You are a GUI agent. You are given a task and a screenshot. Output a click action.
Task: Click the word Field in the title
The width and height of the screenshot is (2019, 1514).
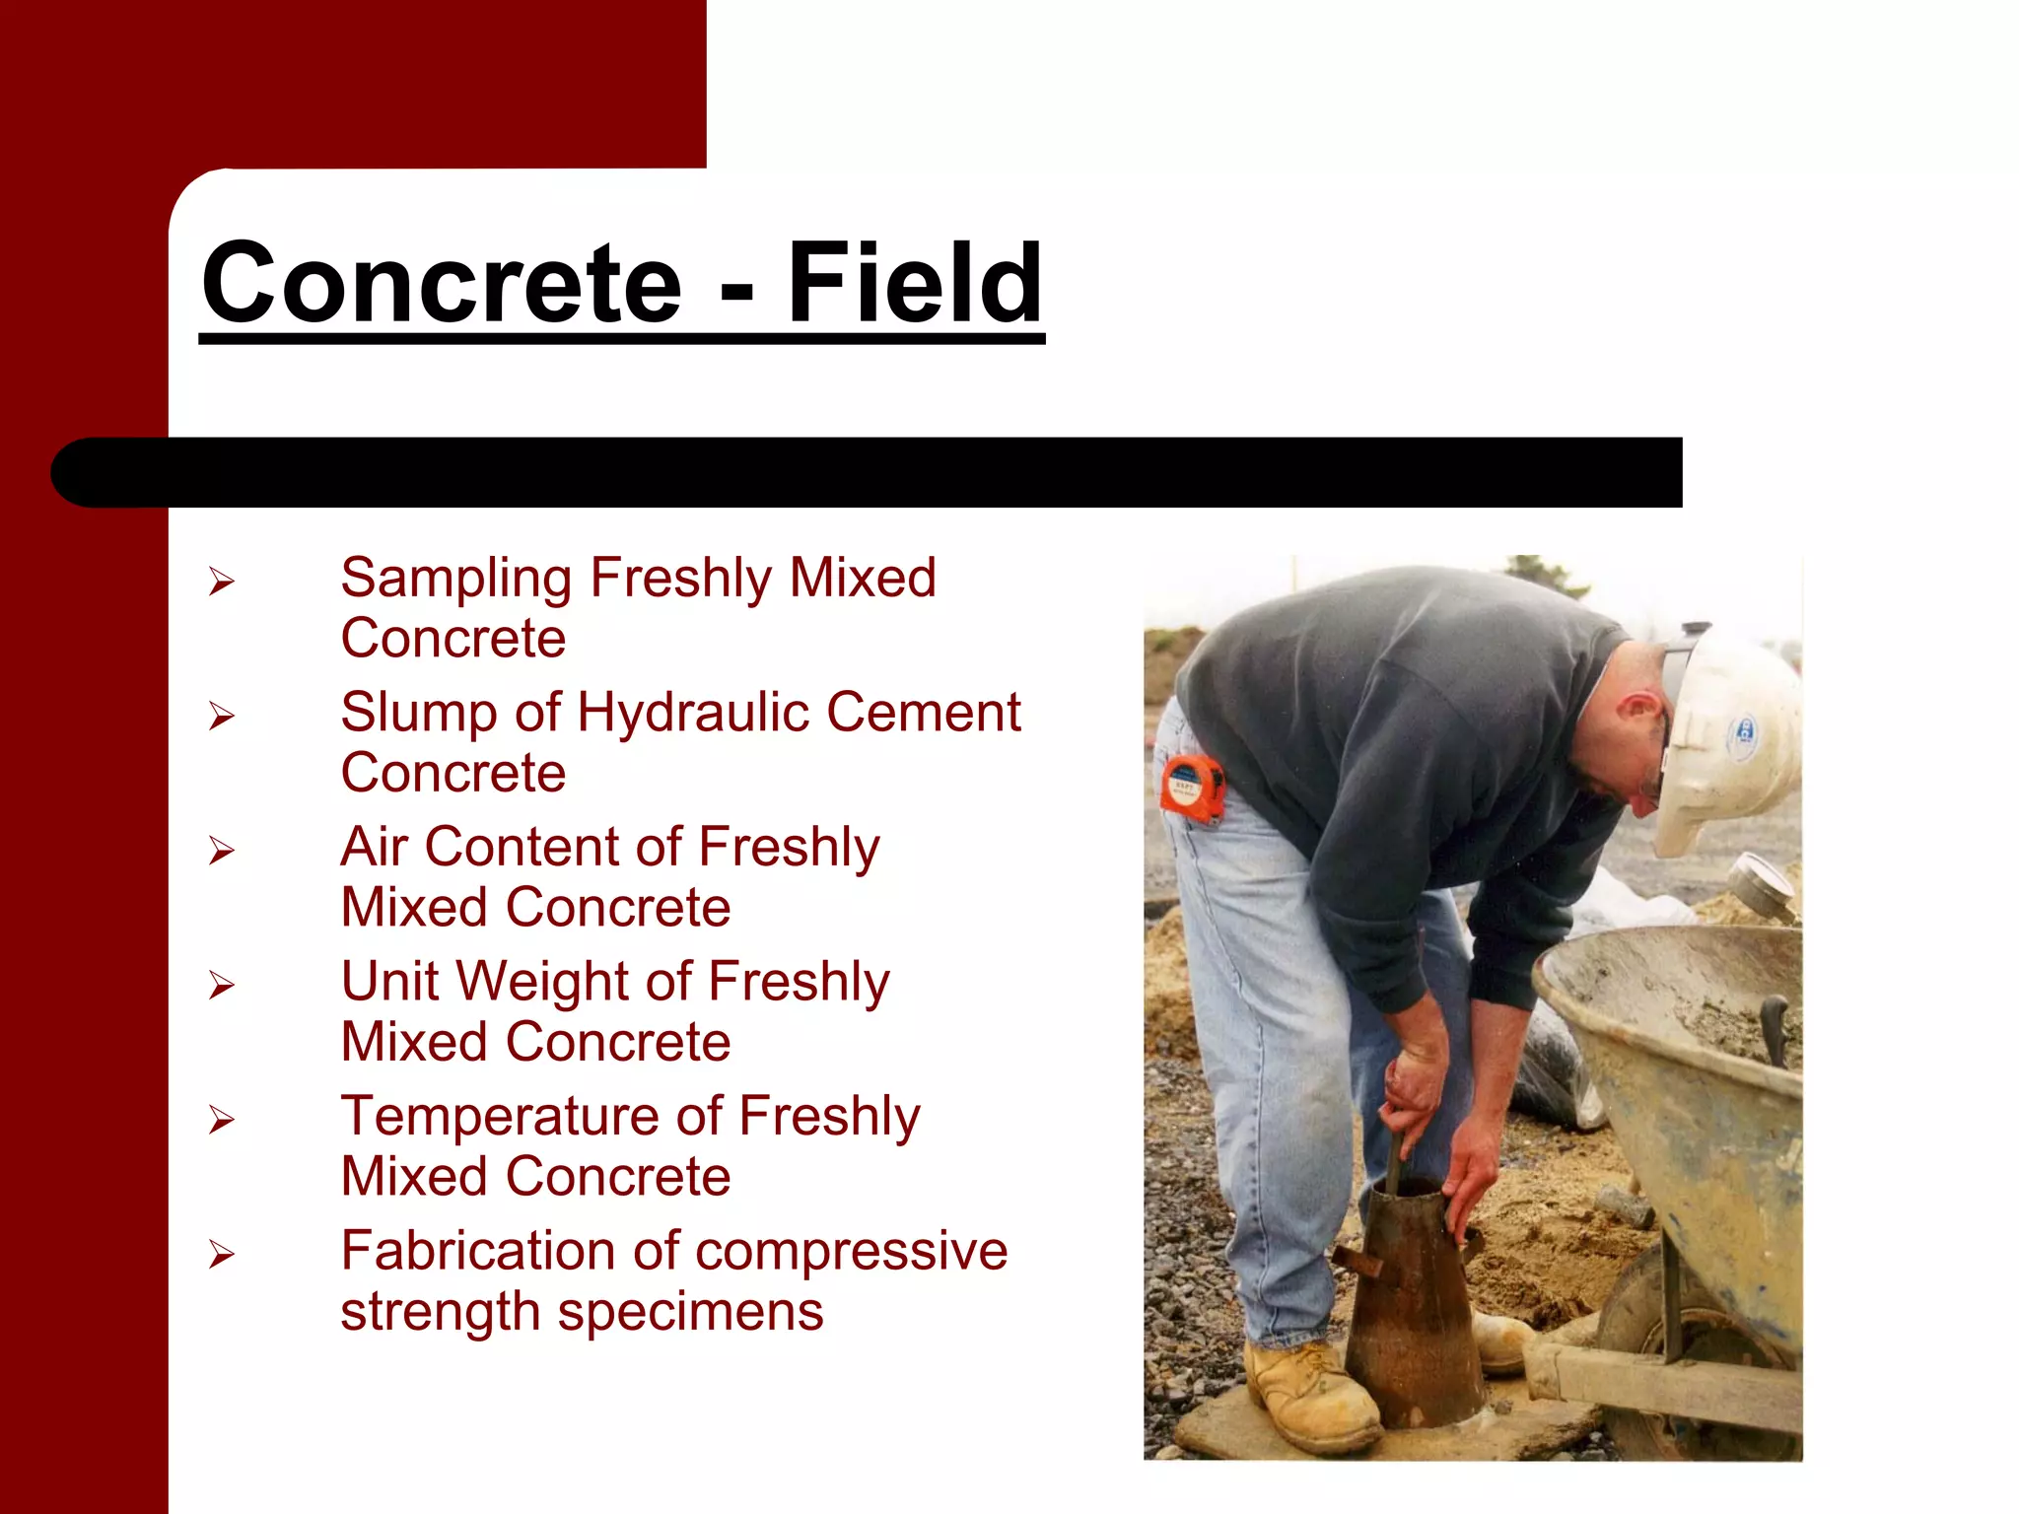click(914, 284)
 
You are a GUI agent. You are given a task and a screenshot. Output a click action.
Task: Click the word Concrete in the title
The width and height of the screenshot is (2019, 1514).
click(442, 284)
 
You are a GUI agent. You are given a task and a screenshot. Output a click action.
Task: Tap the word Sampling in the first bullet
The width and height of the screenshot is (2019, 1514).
click(455, 580)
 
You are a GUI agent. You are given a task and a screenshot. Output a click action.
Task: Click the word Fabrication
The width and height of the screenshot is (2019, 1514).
click(477, 1251)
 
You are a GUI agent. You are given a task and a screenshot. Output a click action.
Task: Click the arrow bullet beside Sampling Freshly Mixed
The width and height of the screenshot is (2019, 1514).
click(221, 582)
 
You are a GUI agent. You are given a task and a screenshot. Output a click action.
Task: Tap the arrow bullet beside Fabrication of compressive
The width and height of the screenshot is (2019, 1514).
click(221, 1255)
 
